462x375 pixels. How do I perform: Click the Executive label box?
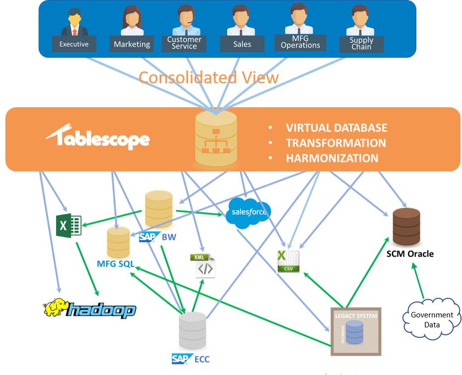click(x=74, y=44)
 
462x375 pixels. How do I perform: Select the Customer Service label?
click(x=184, y=43)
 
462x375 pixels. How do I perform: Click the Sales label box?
click(x=242, y=44)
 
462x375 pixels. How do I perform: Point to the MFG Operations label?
click(x=300, y=42)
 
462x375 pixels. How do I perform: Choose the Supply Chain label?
click(x=361, y=44)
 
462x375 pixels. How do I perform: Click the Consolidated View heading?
click(x=208, y=77)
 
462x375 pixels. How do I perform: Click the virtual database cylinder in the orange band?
click(x=216, y=138)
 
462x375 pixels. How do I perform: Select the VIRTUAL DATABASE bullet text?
click(x=336, y=128)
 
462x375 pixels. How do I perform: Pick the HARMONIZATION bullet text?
click(x=332, y=158)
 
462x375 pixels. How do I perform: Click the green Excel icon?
click(x=68, y=225)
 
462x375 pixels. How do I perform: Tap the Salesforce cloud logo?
click(x=248, y=213)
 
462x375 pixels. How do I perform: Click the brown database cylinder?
click(x=407, y=227)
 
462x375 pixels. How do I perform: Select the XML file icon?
click(x=203, y=265)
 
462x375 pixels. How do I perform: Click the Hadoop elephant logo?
click(x=89, y=309)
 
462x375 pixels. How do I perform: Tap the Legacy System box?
click(x=356, y=331)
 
